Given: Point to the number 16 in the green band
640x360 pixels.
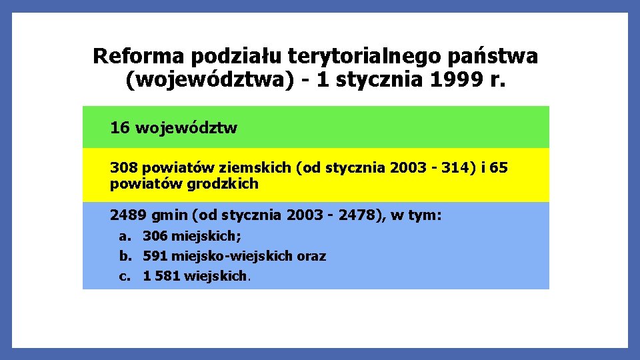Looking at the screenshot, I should pos(120,127).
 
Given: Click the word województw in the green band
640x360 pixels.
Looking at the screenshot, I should pos(186,127).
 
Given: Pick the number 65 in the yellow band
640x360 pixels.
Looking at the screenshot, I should pos(498,167).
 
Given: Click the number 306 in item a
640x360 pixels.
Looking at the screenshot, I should pos(155,236).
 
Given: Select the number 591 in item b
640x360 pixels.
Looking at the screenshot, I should pos(155,256).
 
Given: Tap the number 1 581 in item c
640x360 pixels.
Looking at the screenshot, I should pos(161,276).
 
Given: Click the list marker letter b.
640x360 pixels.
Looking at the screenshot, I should pos(124,256).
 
